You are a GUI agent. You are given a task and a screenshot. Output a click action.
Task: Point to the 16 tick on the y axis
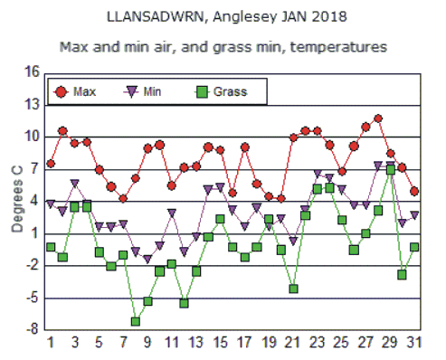click(33, 72)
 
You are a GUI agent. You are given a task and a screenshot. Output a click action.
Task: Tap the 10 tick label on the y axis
click(33, 137)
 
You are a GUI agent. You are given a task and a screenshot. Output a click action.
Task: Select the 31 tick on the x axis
click(413, 343)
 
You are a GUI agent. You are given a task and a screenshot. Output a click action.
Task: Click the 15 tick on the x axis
click(220, 343)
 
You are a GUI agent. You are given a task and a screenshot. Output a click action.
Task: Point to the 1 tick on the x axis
click(51, 343)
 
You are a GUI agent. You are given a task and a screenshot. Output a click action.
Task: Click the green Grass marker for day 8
click(136, 321)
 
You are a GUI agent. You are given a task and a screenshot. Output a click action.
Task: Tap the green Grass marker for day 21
click(293, 289)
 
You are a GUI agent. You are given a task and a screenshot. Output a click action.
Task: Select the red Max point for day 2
click(62, 132)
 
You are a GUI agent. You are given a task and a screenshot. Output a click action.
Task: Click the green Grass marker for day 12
click(184, 303)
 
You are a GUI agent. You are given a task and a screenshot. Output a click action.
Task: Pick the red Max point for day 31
click(414, 192)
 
